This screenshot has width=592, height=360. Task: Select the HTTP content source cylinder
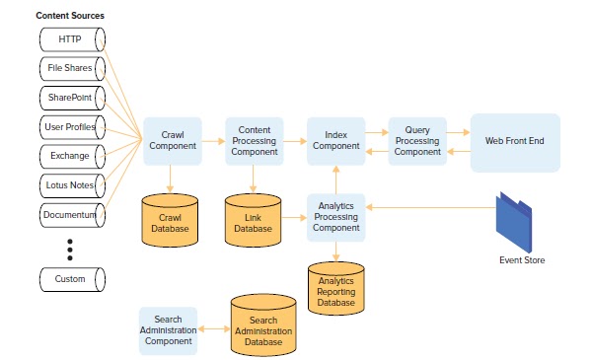tap(72, 39)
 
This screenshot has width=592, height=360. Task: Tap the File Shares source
tap(72, 68)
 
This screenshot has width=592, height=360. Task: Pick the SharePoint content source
tap(72, 98)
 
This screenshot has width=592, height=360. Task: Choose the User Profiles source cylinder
tap(72, 127)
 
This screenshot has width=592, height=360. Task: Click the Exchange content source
tap(72, 156)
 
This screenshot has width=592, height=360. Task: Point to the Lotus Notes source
tap(72, 185)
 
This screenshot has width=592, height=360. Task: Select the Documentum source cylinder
tap(72, 214)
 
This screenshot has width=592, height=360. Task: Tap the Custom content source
tap(72, 279)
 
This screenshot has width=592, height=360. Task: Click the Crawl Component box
tap(173, 140)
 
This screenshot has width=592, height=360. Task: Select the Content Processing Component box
tap(255, 140)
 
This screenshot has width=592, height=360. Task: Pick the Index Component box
tap(336, 140)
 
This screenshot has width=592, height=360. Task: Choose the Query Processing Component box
tap(417, 140)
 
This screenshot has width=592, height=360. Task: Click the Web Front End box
tap(514, 141)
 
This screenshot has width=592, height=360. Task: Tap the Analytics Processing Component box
tap(336, 216)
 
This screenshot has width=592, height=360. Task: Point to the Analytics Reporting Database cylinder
tap(336, 287)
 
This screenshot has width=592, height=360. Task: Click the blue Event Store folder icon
tap(515, 221)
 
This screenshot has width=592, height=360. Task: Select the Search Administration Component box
tap(169, 330)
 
